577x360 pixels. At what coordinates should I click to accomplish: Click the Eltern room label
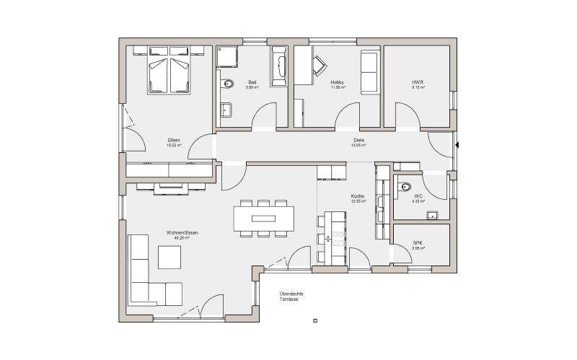(174, 141)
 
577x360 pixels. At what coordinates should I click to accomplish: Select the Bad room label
(252, 83)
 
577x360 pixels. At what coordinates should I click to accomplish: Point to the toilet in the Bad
(228, 84)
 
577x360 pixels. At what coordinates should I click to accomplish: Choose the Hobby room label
(338, 83)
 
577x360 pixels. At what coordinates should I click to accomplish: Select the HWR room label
(418, 83)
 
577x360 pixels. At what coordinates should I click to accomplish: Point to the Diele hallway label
(358, 141)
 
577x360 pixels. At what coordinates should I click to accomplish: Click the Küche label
(358, 197)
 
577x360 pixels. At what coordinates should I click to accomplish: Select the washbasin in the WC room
(433, 214)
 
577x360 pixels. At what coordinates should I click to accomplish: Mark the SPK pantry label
(418, 243)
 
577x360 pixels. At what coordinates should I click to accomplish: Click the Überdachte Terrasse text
(291, 296)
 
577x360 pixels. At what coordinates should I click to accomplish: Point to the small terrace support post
(315, 320)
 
